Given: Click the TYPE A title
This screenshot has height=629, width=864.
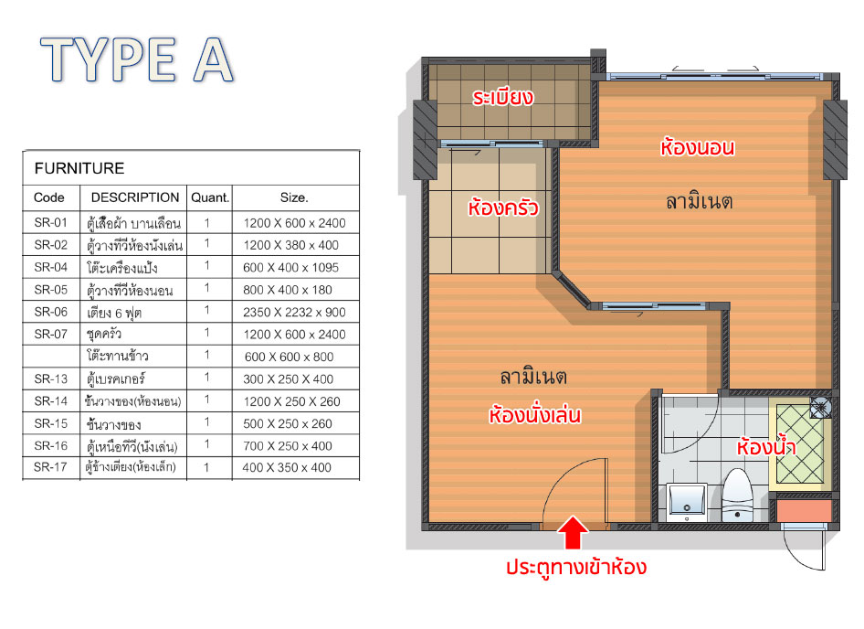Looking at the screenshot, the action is [x=138, y=59].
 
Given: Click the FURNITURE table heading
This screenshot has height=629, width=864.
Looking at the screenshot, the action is [x=79, y=168].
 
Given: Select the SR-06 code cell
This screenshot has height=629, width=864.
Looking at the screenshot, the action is [x=51, y=312].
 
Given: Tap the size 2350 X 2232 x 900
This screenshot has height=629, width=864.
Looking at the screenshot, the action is [x=294, y=313].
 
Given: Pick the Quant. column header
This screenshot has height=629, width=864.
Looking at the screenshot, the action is [x=210, y=197].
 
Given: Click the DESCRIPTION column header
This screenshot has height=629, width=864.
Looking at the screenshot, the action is [x=135, y=197].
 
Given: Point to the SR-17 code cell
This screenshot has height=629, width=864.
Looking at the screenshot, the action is [x=50, y=467].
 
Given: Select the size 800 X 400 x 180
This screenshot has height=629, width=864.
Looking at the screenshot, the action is [x=288, y=290].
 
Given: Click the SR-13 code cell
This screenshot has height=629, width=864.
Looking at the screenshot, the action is [x=51, y=379].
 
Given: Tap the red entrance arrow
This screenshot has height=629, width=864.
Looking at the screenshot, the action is [x=573, y=532].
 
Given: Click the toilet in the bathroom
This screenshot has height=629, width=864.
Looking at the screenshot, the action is [x=737, y=496].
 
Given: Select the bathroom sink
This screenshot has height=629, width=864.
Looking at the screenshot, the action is [x=687, y=501].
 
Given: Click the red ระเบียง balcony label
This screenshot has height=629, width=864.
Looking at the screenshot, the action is [x=503, y=98].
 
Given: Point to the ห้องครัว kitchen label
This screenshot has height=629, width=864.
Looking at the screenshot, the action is [x=503, y=208].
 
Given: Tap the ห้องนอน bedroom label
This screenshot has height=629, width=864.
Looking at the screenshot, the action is [x=698, y=147].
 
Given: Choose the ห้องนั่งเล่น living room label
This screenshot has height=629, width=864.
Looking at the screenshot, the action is [x=534, y=415].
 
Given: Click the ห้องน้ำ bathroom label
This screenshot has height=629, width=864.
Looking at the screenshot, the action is [x=766, y=446].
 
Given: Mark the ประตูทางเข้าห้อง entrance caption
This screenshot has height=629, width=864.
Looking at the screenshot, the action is [x=576, y=567].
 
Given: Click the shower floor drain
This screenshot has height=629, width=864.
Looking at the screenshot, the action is [x=820, y=408].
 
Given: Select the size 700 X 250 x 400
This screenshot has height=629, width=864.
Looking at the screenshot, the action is [x=287, y=446].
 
